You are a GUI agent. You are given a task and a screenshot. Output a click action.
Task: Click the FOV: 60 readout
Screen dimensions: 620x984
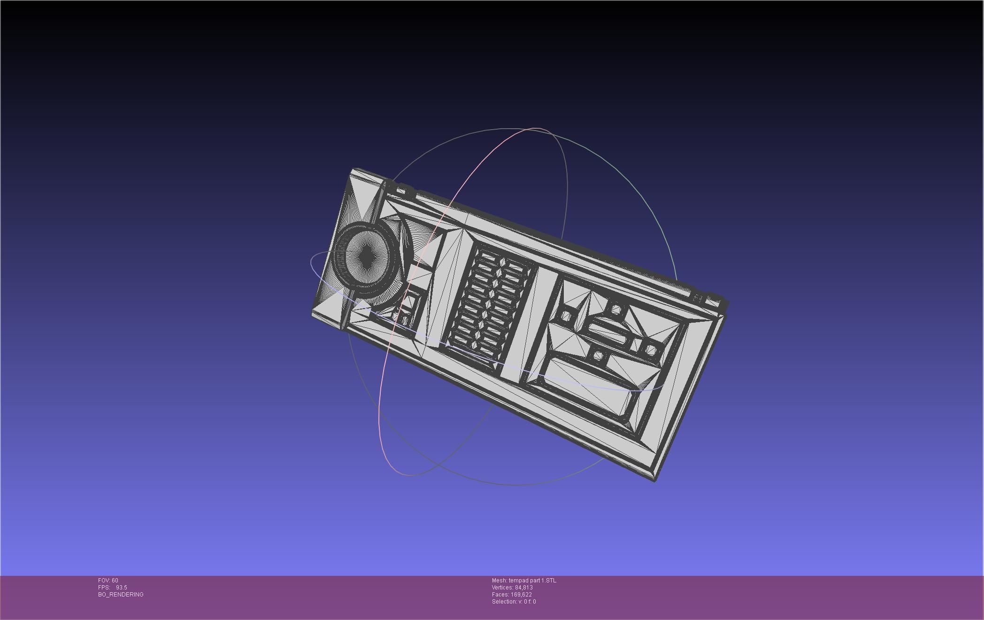tap(108, 581)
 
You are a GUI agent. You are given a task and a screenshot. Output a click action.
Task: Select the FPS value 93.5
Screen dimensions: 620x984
tap(121, 588)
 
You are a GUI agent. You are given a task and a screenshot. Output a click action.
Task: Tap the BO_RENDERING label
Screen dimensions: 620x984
tap(121, 595)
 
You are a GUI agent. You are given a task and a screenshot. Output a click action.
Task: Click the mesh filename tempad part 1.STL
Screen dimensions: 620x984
tap(532, 581)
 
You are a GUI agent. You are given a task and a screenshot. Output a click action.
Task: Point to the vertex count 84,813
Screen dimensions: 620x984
tap(523, 588)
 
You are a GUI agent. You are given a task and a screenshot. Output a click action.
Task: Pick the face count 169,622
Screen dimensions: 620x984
tap(521, 595)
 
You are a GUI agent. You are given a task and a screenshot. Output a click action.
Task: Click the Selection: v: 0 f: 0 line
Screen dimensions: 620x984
tap(514, 602)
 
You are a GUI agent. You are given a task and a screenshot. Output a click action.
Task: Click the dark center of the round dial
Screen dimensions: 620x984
tap(366, 256)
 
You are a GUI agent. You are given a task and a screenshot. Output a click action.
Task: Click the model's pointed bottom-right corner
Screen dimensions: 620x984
tap(655, 480)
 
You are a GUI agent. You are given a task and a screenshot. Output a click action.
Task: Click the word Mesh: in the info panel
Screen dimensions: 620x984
tap(499, 581)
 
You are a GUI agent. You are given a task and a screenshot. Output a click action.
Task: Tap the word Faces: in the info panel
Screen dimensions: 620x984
tap(500, 595)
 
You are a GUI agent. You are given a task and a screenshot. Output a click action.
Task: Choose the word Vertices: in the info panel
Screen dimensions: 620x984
tap(503, 588)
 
